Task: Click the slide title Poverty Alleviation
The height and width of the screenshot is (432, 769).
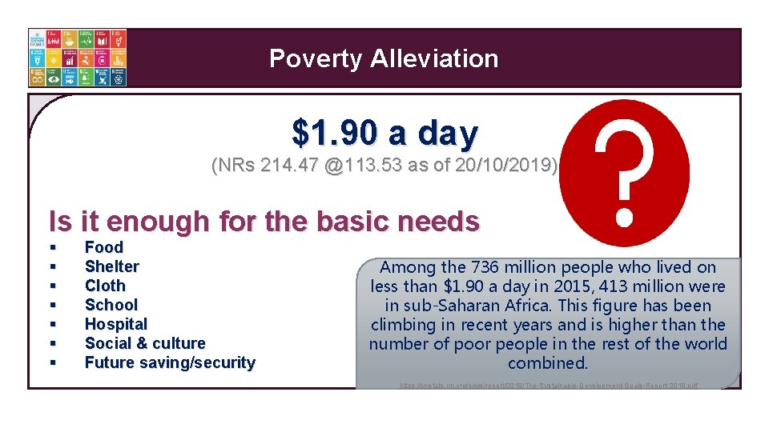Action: click(384, 58)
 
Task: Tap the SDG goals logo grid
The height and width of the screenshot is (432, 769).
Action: click(78, 58)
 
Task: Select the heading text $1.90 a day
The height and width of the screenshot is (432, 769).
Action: click(384, 134)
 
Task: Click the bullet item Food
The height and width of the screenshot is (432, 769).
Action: click(104, 247)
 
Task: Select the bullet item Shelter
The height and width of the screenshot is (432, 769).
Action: click(112, 266)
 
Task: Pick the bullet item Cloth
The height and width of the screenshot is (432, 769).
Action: click(105, 286)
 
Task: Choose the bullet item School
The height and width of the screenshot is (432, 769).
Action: click(111, 305)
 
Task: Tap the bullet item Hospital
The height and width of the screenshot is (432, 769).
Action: click(116, 324)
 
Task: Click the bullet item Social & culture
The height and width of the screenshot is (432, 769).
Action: click(145, 343)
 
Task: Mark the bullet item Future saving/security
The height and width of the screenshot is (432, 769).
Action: click(170, 362)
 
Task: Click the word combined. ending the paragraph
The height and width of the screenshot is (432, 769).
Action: click(548, 363)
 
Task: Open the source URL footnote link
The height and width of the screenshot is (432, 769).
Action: click(549, 385)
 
